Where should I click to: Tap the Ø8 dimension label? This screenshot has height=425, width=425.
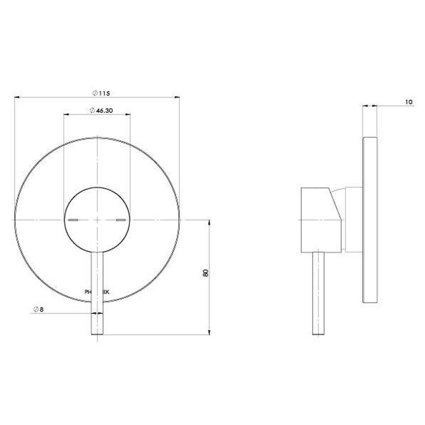point(38,309)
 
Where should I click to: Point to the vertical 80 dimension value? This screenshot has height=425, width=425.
point(206,273)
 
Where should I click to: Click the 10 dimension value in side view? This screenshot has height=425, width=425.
point(408,102)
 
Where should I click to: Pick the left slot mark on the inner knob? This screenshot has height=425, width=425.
point(73,220)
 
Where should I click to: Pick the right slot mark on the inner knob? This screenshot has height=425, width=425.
point(121,220)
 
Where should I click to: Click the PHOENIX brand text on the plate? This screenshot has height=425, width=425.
point(97,292)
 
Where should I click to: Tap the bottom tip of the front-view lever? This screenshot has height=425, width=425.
point(97,334)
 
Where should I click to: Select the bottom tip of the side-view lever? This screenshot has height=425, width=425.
point(319,334)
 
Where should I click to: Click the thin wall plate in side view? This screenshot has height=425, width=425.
point(370,220)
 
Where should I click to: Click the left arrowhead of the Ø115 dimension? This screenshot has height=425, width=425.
point(17,97)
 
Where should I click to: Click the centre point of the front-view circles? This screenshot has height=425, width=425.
point(97,220)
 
